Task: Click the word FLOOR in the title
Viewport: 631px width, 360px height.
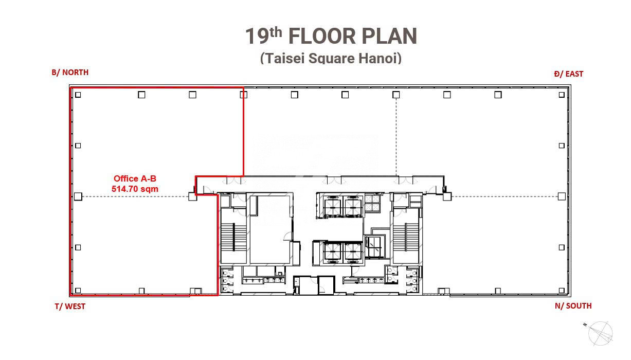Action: (322, 36)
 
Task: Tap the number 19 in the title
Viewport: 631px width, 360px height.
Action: (257, 36)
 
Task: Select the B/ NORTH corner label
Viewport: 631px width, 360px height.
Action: (70, 73)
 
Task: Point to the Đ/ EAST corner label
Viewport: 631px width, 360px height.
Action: (568, 74)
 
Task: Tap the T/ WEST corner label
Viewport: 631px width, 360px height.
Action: (70, 306)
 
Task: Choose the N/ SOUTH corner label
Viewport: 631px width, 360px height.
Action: (573, 305)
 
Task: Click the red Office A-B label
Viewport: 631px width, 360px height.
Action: (135, 178)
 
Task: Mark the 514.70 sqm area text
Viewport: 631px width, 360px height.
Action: (135, 189)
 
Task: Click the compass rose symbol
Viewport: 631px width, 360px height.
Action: (600, 334)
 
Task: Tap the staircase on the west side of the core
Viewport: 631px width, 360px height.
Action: (233, 237)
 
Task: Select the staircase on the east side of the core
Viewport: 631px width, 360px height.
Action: (406, 237)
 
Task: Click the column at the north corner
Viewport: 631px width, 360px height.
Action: (78, 95)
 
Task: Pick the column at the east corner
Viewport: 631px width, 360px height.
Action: (562, 95)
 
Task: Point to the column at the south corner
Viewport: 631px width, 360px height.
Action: (562, 291)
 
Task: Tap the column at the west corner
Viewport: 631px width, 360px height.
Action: (78, 291)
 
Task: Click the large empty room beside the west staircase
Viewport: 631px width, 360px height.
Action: (271, 231)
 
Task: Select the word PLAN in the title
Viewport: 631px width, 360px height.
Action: (389, 36)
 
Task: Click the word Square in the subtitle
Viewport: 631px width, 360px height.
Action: (332, 58)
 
